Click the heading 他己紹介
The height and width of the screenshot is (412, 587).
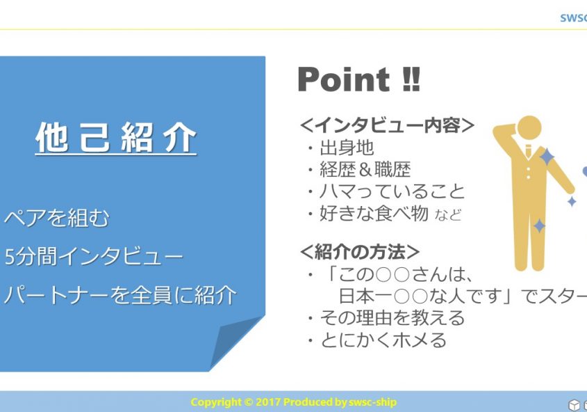(x=116, y=138)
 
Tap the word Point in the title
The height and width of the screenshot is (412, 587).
(x=344, y=79)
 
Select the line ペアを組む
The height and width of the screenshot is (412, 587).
(x=56, y=218)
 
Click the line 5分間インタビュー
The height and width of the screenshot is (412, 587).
(x=94, y=256)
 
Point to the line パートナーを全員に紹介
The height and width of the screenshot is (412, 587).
(x=120, y=294)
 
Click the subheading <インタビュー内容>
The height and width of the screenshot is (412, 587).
(x=387, y=125)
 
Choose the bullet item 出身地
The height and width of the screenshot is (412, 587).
(x=347, y=148)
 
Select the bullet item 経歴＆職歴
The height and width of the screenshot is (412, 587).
(x=365, y=169)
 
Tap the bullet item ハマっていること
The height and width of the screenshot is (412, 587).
(x=392, y=191)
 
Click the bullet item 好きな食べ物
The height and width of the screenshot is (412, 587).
(x=374, y=214)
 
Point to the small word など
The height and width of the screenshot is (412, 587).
(x=448, y=215)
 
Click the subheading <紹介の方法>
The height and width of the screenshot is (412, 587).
(x=359, y=252)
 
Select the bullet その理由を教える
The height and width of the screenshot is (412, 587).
(x=392, y=318)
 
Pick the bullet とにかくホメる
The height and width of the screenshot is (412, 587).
(x=383, y=340)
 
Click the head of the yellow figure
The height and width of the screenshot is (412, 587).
(x=528, y=129)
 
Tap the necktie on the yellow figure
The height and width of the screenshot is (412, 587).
(x=528, y=151)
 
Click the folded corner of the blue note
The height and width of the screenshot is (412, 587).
(x=236, y=342)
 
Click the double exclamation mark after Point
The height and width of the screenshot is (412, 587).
(x=411, y=79)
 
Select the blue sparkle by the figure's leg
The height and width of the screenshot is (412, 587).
(x=539, y=226)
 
